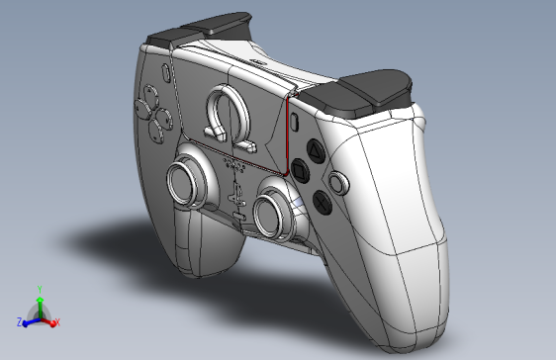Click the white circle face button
[340, 183]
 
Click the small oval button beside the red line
[297, 123]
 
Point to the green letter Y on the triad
[39, 290]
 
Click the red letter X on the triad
[57, 322]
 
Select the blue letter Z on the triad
[20, 322]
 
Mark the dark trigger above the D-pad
[198, 30]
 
